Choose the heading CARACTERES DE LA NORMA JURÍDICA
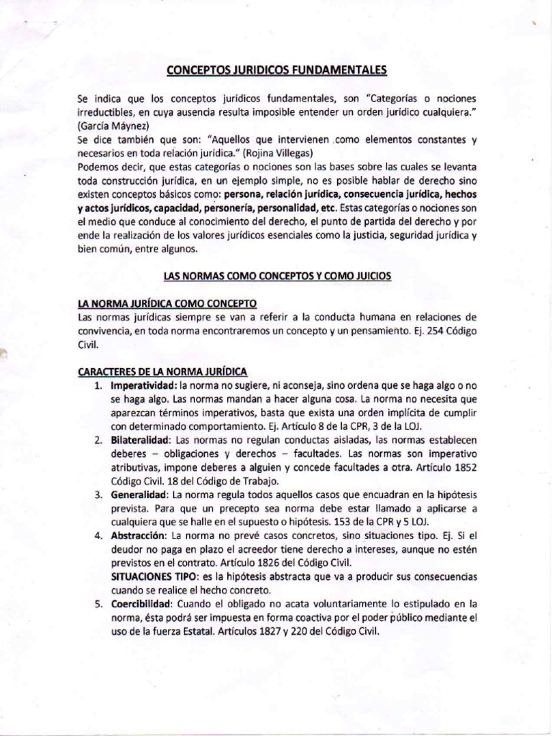(162, 371)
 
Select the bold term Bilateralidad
(141, 440)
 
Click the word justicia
(355, 235)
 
